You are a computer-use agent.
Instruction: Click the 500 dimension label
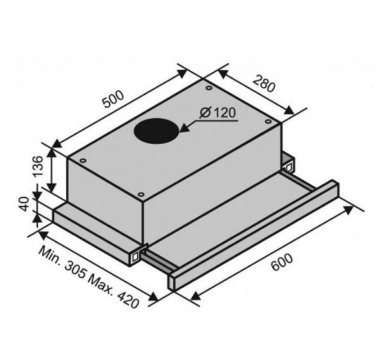(x=113, y=99)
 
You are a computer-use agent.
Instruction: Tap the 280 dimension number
(x=264, y=84)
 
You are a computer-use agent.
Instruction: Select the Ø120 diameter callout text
(x=217, y=113)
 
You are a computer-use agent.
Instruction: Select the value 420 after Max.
(x=128, y=299)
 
